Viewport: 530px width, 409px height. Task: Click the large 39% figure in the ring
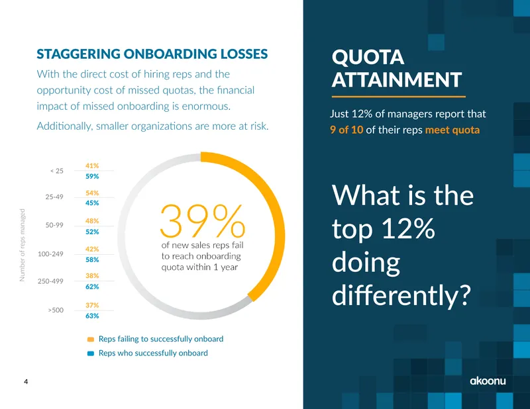(202, 221)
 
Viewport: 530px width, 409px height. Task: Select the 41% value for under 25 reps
(92, 166)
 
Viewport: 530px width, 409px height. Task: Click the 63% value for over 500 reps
(92, 316)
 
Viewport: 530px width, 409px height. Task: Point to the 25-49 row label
(54, 197)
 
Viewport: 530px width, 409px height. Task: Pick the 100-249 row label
(50, 253)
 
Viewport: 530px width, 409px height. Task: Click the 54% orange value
(92, 193)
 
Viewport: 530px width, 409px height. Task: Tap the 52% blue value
(92, 232)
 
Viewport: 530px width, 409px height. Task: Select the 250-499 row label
(50, 281)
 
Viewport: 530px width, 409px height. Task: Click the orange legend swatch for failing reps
(91, 340)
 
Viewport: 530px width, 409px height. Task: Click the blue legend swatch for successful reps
(91, 353)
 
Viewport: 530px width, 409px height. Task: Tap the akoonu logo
(488, 381)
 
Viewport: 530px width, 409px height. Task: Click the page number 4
(26, 382)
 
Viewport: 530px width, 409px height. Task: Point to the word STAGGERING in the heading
(78, 54)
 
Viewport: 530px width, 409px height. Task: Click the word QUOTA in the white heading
(368, 57)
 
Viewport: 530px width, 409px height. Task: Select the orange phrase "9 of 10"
(346, 130)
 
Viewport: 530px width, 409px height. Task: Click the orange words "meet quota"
(452, 130)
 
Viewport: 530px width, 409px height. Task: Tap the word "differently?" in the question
(401, 295)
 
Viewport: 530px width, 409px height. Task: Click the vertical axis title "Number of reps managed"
(23, 245)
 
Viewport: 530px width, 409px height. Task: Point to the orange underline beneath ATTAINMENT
(399, 97)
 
